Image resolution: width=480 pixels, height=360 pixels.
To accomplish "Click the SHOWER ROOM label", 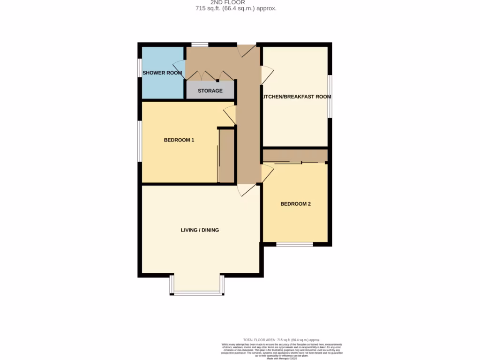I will click(162, 73).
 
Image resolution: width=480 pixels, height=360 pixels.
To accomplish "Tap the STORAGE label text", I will click(210, 90).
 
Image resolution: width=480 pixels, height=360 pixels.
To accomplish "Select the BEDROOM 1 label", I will click(179, 140).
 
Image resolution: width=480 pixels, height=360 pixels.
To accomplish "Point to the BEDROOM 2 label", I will click(295, 204).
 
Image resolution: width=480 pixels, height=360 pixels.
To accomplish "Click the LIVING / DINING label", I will click(200, 230).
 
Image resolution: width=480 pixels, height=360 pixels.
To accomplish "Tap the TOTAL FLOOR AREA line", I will click(282, 340).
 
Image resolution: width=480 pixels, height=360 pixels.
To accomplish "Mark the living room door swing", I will click(246, 190).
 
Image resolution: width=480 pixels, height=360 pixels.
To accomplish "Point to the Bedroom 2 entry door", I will click(267, 172).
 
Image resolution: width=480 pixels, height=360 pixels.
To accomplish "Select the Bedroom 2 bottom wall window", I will click(294, 244).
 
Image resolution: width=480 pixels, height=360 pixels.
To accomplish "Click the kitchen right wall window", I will click(330, 96).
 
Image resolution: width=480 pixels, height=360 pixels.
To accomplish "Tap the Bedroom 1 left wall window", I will click(139, 141).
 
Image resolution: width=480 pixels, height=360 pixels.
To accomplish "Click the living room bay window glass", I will click(197, 293).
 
